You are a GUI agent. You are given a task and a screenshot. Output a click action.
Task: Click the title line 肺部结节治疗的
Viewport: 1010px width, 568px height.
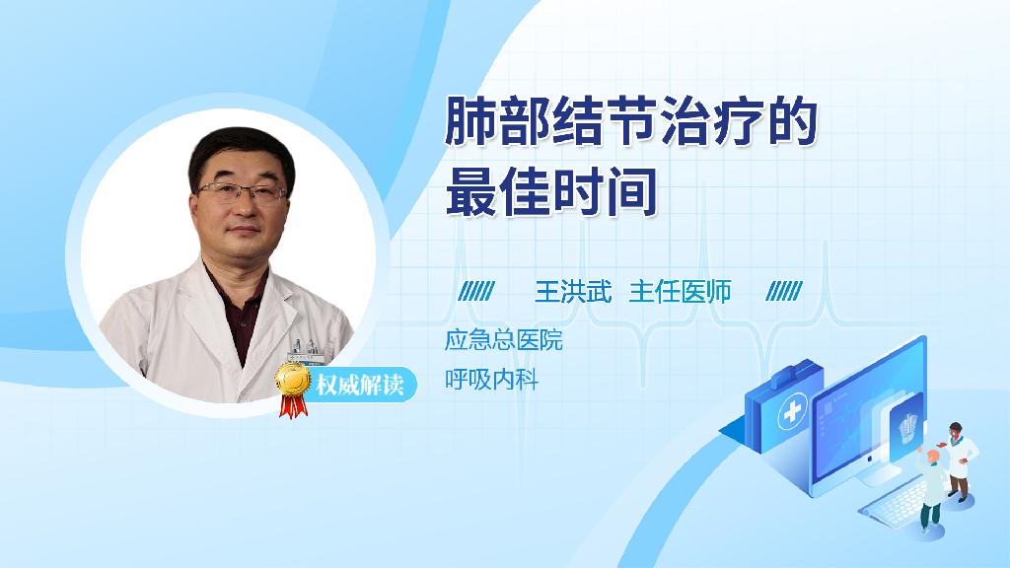[x=631, y=121]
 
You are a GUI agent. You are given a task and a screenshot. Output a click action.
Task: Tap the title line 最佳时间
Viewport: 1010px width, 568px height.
[x=551, y=191]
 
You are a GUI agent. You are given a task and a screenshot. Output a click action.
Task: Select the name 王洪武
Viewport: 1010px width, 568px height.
[x=573, y=292]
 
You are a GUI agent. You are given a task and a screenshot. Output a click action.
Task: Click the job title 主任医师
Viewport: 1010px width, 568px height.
[x=681, y=292]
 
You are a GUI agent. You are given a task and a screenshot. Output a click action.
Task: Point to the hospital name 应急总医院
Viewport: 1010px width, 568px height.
[x=504, y=340]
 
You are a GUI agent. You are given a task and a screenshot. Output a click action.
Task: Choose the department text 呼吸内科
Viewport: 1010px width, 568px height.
[x=491, y=380]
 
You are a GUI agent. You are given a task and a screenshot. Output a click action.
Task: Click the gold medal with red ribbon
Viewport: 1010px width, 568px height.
[x=292, y=389]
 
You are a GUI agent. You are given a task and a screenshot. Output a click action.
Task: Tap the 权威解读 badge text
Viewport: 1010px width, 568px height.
[x=359, y=386]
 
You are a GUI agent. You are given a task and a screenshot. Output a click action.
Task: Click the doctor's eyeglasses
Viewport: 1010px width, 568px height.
[x=242, y=191]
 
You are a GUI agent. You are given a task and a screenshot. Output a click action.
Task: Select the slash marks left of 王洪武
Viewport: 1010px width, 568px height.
[x=476, y=292]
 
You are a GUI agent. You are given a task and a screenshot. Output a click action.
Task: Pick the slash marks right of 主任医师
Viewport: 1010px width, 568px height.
[x=784, y=292]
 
